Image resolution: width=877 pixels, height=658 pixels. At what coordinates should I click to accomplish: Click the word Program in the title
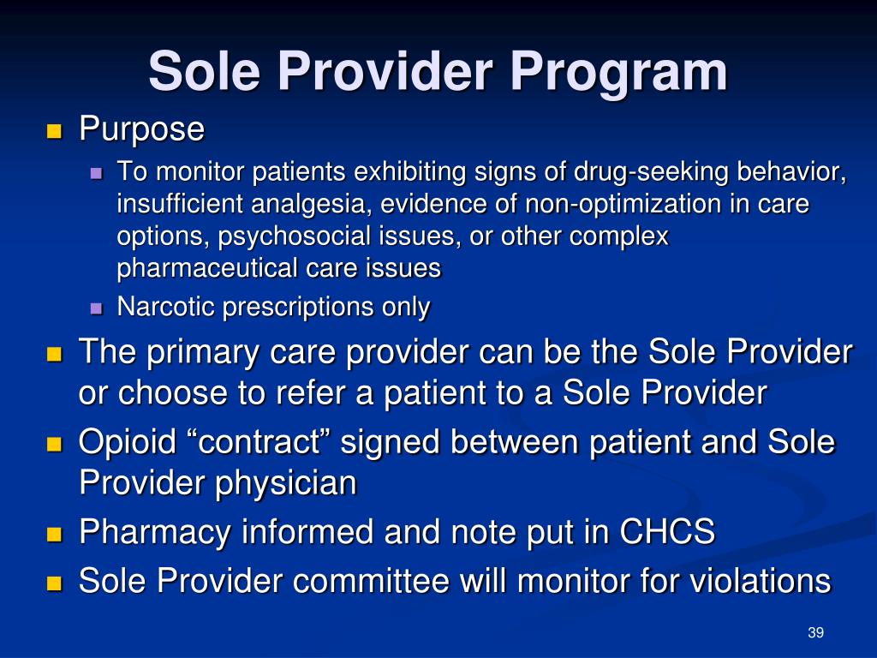coord(618,72)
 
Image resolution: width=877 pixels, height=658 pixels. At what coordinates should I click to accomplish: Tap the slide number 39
coord(814,632)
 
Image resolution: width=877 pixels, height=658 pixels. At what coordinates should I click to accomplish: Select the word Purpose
coord(141,130)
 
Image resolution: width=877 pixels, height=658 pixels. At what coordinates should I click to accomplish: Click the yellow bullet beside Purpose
coord(55,131)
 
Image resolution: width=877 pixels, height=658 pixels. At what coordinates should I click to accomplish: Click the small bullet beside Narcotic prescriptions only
coord(96,308)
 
